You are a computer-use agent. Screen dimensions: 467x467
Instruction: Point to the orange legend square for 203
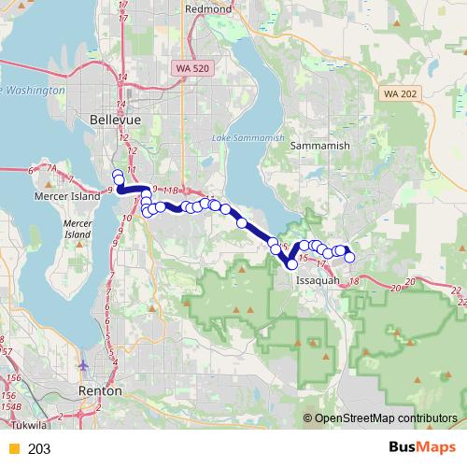pos(13,449)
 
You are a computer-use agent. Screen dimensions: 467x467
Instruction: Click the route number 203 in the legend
pos(39,449)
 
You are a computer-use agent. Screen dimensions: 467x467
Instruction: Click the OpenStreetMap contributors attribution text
pos(386,417)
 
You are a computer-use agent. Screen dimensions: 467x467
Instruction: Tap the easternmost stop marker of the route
pos(350,257)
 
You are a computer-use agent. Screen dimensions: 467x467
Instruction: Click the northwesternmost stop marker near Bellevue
pos(117,175)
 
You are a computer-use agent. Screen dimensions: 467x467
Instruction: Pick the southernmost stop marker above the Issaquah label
pos(292,265)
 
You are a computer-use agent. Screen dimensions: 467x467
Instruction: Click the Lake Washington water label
pos(33,90)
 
